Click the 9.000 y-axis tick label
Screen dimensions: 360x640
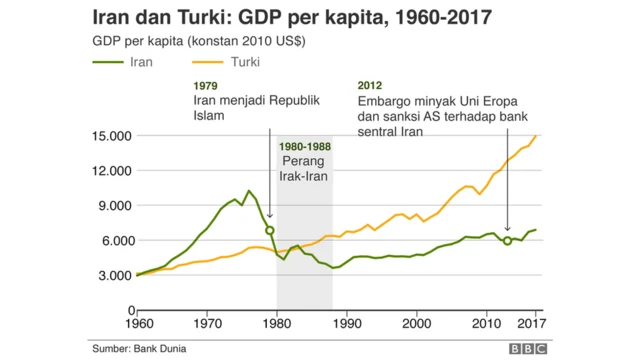click(112, 206)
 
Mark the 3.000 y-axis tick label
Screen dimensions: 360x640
click(112, 275)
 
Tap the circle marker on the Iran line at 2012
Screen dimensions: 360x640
click(507, 241)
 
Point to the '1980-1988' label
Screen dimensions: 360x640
click(305, 146)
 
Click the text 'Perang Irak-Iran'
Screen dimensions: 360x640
click(305, 169)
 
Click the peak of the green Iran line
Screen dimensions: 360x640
click(249, 190)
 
